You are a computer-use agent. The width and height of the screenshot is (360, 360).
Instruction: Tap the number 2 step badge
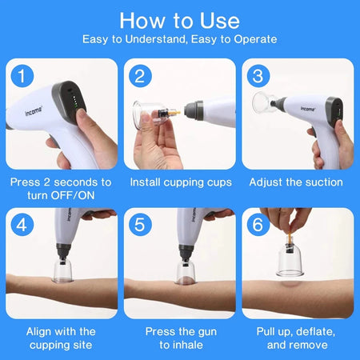[x=142, y=77]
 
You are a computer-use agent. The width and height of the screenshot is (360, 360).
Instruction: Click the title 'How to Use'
[x=179, y=19]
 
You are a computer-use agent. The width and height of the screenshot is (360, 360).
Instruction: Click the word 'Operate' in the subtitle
[x=251, y=38]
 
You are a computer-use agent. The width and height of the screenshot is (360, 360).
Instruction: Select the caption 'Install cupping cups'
[x=179, y=182]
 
